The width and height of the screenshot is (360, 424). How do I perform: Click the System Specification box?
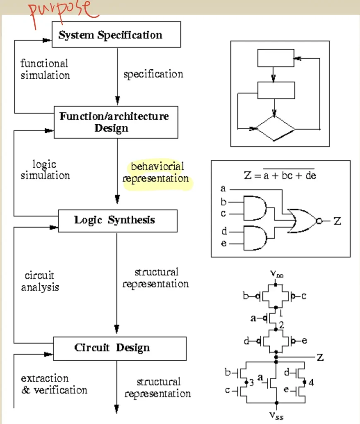click(x=116, y=35)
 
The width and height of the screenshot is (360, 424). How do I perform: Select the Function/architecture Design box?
click(x=116, y=122)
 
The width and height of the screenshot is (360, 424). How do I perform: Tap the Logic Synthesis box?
click(x=118, y=220)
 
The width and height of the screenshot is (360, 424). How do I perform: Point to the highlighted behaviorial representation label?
click(x=156, y=173)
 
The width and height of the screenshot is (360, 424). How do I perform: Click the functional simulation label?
click(x=45, y=69)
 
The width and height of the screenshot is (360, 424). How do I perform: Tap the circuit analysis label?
click(x=40, y=281)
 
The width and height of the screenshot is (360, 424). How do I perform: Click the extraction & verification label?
click(x=54, y=384)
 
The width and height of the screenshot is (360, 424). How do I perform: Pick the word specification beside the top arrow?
click(x=153, y=75)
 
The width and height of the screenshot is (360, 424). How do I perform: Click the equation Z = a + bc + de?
click(x=280, y=175)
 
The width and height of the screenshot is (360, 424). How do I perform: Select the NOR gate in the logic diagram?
click(x=302, y=221)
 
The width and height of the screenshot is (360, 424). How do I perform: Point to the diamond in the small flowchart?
click(x=275, y=128)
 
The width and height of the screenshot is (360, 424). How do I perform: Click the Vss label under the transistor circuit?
click(x=276, y=415)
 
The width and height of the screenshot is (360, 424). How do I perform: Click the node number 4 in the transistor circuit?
click(x=311, y=383)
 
